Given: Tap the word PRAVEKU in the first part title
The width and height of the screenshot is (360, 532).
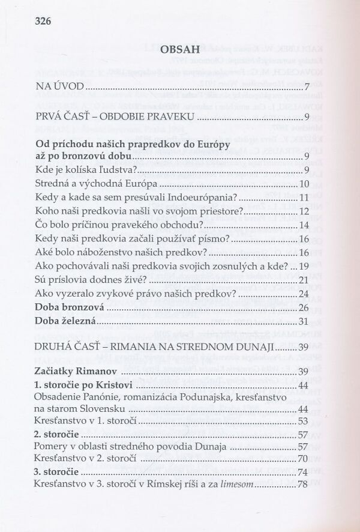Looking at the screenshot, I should click(x=175, y=116).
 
